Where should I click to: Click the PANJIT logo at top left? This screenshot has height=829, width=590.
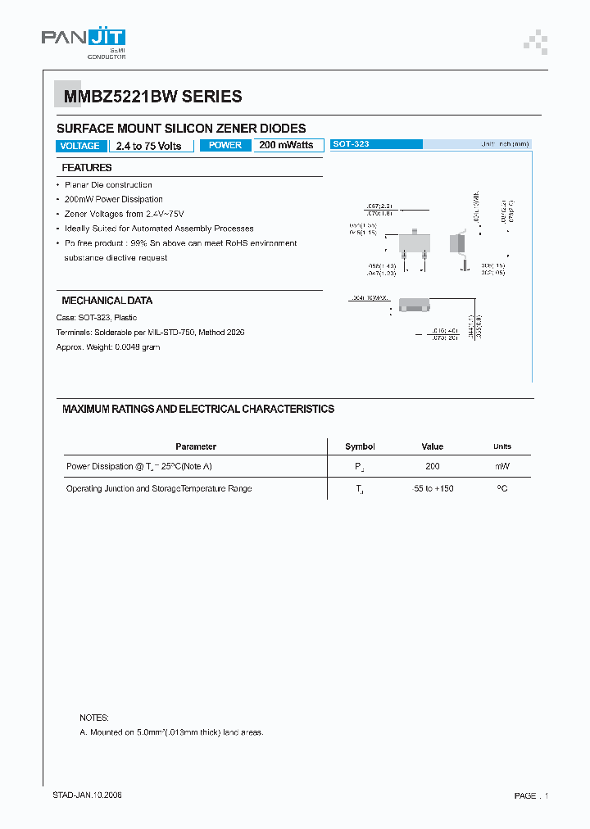coord(84,40)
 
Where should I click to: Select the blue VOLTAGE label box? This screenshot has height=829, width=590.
coord(80,146)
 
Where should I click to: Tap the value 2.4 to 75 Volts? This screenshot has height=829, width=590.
coord(149,146)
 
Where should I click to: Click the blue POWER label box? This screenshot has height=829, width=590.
coord(225,145)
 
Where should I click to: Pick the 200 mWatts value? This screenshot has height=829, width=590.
coord(286,145)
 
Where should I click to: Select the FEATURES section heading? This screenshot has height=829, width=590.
coord(87,168)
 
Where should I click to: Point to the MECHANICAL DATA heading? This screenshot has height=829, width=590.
coord(107,301)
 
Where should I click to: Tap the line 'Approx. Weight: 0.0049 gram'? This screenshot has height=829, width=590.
coord(108,347)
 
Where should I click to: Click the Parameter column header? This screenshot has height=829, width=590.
coord(196,446)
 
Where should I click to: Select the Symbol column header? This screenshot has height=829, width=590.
coord(360,446)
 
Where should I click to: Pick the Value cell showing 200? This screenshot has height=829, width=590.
coord(432,466)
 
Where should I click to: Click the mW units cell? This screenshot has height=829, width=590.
coord(502,466)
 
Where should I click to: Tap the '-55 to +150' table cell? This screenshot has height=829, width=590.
coord(433,488)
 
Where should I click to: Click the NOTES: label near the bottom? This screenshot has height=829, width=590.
coord(93,718)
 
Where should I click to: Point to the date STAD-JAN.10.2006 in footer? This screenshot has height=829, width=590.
coord(88,795)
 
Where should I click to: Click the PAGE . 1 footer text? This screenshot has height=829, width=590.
coord(530,795)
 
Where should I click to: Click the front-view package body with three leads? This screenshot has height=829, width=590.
coord(413,243)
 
